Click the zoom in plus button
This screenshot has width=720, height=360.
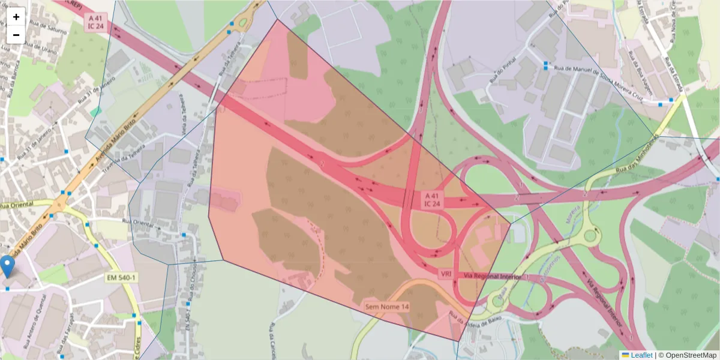pos(16,17)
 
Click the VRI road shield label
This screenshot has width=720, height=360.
pos(446,274)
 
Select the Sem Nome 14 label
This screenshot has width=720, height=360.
pos(388,307)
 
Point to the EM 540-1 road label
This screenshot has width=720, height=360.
pos(121,278)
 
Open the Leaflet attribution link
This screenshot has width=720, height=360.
pos(641,355)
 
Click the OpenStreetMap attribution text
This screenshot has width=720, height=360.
pos(689,355)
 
